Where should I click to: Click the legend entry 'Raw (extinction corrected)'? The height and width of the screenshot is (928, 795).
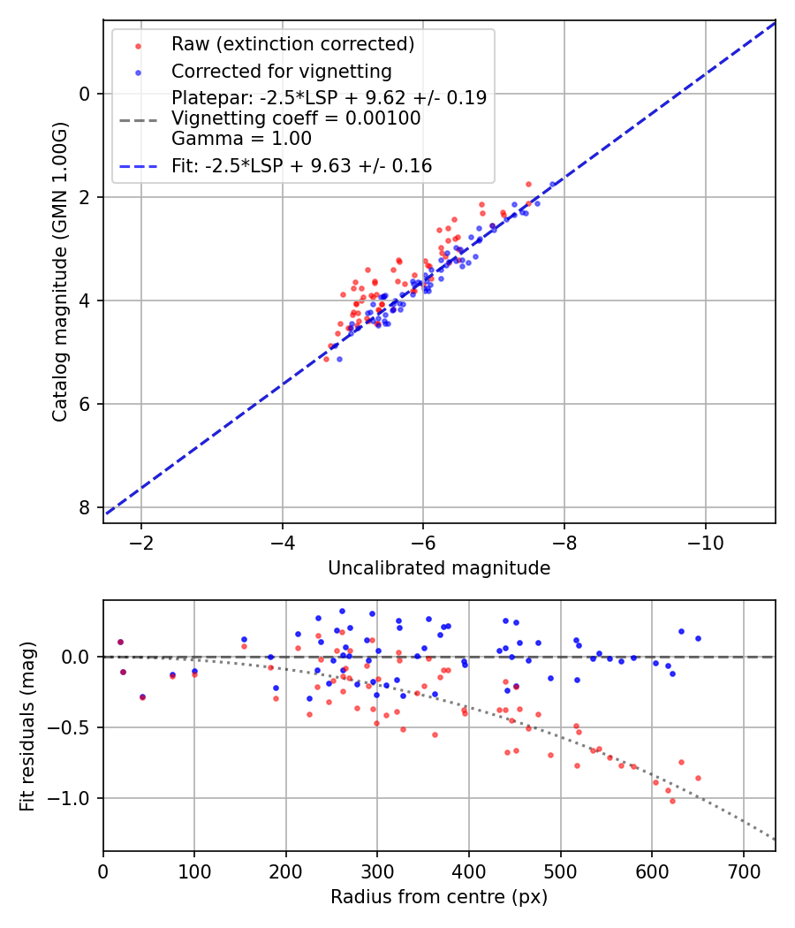coord(292,44)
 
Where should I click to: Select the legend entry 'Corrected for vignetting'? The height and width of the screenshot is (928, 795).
coord(281,71)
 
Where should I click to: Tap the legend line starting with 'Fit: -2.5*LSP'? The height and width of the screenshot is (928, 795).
coord(301,165)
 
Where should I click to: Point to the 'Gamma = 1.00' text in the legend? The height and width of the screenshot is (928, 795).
coord(241,138)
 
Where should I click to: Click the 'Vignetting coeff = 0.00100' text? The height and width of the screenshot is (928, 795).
coord(296,118)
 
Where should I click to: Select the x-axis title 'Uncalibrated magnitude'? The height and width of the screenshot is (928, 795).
coord(439,568)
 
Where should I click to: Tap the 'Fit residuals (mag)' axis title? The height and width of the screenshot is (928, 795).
coord(27,726)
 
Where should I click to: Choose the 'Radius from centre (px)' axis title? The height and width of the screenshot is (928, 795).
coord(439,897)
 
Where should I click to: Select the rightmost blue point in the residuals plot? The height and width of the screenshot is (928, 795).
coord(698,638)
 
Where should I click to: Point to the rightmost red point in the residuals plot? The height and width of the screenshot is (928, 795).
coord(698,778)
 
